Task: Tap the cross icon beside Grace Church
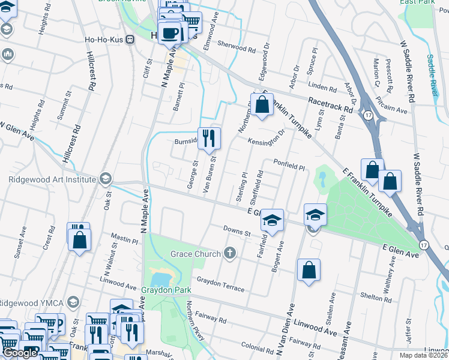(229, 254)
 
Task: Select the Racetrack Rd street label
(330, 104)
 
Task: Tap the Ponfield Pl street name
(290, 165)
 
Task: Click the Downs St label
(236, 231)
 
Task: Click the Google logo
(20, 353)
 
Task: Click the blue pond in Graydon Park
(161, 279)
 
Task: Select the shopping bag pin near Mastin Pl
(79, 240)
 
